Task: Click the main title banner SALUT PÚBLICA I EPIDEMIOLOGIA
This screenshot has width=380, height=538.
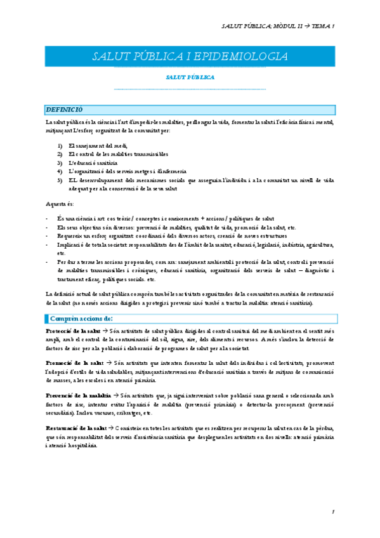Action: (190, 56)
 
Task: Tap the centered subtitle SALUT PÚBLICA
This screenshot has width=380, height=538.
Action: (190, 77)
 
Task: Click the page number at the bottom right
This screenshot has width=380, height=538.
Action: (332, 511)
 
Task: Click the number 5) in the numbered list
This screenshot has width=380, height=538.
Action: (60, 180)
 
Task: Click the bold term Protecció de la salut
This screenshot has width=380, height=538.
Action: (73, 331)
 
